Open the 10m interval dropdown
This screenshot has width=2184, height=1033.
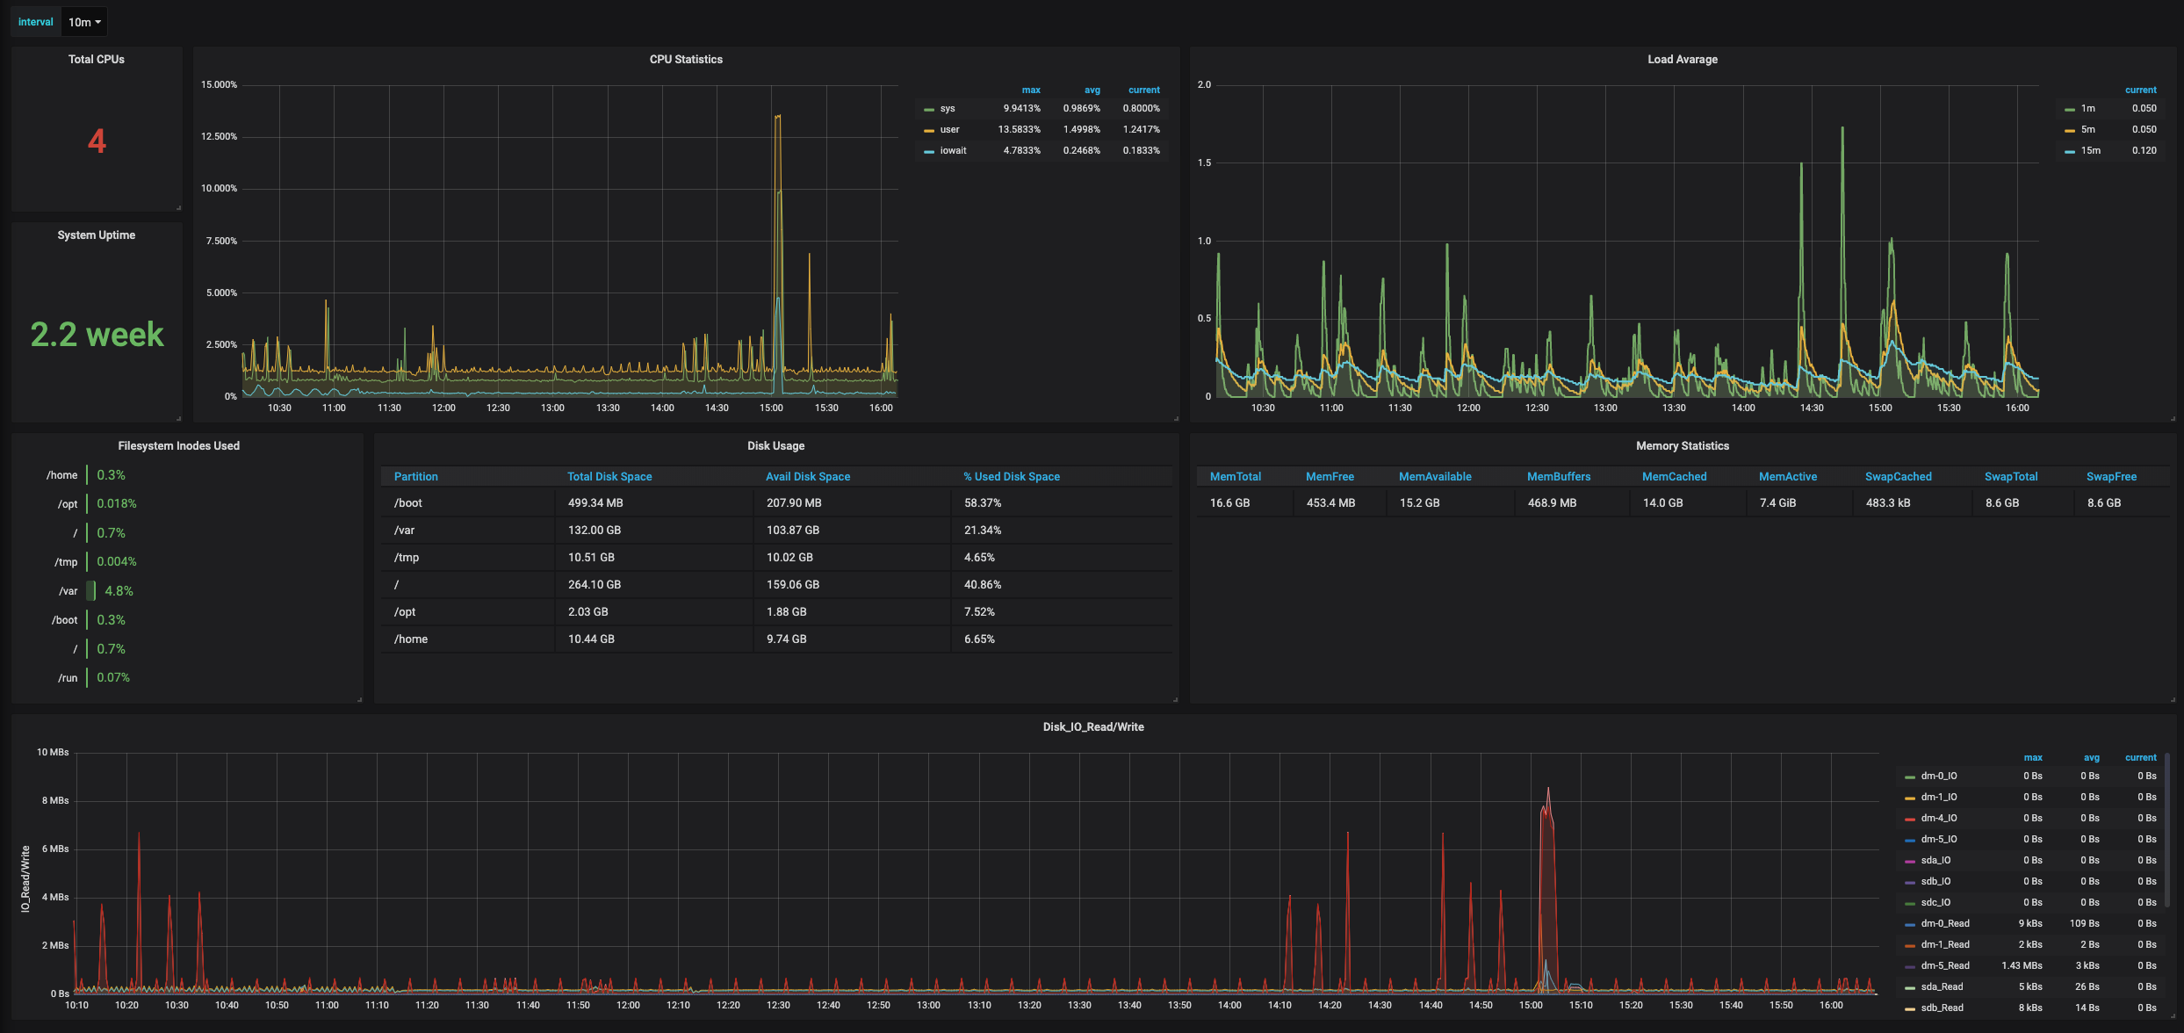pos(84,22)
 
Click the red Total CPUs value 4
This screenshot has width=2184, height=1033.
pos(97,141)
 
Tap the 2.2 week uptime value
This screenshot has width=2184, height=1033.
pos(97,334)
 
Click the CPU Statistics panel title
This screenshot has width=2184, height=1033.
pos(686,60)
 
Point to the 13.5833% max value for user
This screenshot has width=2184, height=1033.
pos(1019,130)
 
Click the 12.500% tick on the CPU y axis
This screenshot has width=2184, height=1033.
pos(219,137)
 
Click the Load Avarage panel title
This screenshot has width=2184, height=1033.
pos(1683,60)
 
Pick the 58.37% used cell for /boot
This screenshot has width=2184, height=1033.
pos(983,503)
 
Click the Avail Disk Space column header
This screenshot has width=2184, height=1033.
pos(808,477)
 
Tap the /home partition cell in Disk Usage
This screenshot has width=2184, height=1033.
pos(411,639)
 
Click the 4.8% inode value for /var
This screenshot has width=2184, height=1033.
pos(119,591)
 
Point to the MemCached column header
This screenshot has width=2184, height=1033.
pos(1675,477)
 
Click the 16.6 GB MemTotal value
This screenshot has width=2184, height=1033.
pos(1229,503)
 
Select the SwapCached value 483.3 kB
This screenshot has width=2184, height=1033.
pos(1888,503)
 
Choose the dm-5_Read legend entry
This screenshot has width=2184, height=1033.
pos(1945,966)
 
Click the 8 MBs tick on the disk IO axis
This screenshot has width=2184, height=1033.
pos(54,801)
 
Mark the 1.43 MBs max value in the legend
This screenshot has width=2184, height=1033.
pos(2022,966)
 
